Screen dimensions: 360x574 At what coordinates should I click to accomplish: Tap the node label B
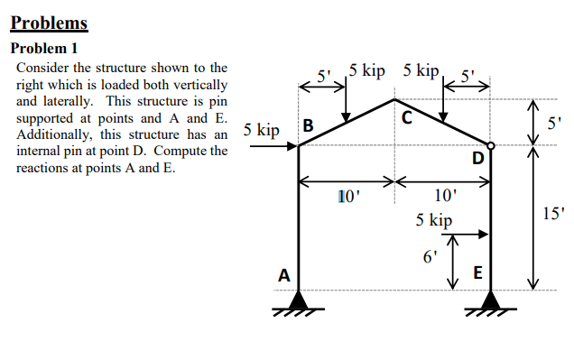(x=308, y=126)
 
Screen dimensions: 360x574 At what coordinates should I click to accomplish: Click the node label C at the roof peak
(x=406, y=117)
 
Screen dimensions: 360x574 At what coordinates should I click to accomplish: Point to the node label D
(x=478, y=160)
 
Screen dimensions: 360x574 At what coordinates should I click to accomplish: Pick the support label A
(x=284, y=275)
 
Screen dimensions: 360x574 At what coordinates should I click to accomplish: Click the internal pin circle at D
(x=490, y=144)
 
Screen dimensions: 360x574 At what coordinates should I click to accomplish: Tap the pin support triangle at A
(x=299, y=299)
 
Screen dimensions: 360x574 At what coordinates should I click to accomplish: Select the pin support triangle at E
(x=490, y=299)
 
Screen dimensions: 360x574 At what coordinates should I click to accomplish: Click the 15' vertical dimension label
(x=552, y=215)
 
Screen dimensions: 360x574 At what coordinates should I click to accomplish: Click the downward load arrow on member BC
(x=347, y=99)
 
